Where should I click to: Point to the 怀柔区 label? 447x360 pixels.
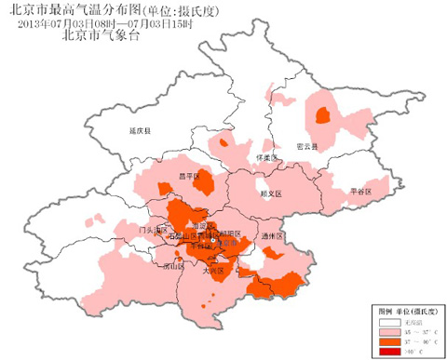267,158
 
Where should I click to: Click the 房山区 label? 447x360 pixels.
172,266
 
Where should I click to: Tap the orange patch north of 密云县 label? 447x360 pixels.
324,115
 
